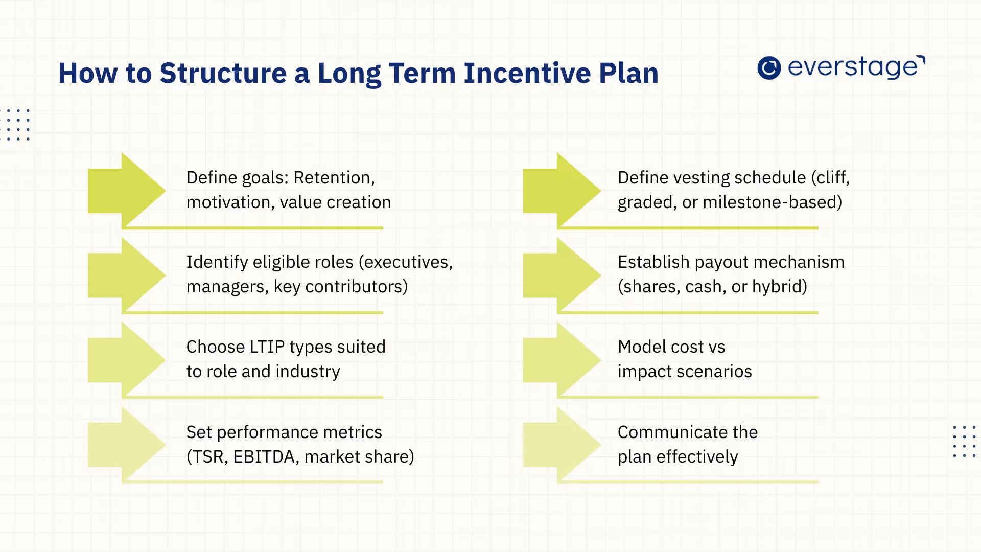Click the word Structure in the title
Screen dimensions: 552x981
click(223, 73)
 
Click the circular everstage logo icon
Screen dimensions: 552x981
click(769, 67)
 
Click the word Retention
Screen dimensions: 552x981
click(334, 178)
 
